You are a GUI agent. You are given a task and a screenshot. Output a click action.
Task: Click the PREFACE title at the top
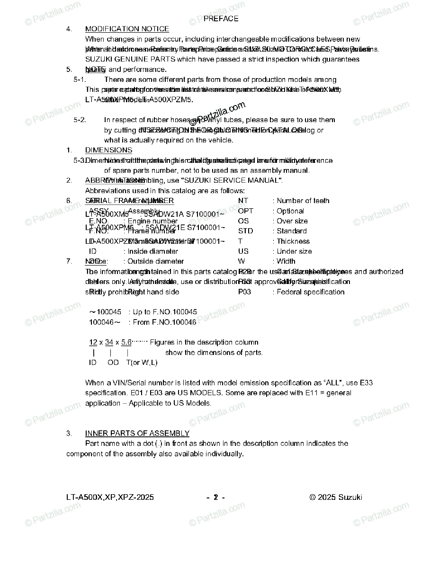pos(221,19)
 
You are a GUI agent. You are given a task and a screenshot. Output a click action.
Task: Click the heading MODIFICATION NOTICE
pos(127,29)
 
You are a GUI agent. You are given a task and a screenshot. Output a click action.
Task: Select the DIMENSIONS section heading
pos(108,150)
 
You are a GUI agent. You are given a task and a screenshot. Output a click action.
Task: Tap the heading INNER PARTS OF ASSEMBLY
pos(137,434)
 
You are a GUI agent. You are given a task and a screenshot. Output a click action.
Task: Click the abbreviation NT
pos(243,201)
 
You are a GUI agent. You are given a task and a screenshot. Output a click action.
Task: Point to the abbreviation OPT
pos(245,211)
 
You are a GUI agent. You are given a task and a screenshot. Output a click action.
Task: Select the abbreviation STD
pos(245,231)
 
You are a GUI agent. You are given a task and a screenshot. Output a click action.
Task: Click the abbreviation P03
pos(244,292)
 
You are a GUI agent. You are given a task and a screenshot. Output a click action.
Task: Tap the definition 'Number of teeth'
pos(303,201)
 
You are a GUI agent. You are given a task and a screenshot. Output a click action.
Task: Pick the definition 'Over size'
pos(292,221)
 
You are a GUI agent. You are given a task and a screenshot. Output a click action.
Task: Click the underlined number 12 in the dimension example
pos(93,342)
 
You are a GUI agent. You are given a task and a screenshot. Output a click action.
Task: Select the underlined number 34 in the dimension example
pos(109,342)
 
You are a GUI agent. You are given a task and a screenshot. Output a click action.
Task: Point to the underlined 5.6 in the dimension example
pos(126,342)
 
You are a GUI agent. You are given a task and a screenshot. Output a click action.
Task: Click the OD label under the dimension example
pos(113,363)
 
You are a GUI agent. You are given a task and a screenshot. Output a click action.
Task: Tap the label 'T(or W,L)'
pos(142,363)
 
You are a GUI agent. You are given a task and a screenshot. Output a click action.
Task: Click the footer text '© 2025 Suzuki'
pos(336,497)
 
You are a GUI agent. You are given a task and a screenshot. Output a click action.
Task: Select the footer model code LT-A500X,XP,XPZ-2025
pos(110,497)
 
